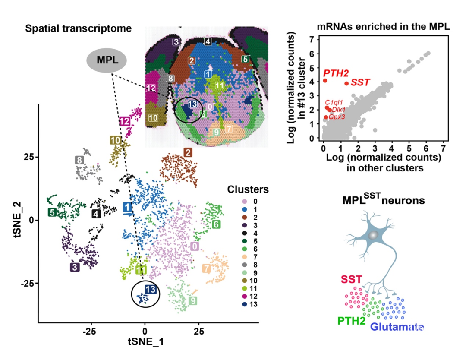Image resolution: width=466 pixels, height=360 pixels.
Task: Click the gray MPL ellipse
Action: pos(107,60)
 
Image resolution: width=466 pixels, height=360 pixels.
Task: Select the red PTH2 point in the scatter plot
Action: pos(325,80)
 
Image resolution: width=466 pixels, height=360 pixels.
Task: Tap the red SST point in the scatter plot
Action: pos(346,83)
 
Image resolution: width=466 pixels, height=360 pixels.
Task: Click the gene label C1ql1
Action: pos(334,102)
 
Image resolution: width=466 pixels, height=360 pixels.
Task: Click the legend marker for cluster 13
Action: pos(245,304)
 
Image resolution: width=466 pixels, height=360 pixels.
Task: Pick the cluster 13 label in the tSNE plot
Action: pos(150,290)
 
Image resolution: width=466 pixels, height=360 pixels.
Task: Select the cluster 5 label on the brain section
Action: pos(245,59)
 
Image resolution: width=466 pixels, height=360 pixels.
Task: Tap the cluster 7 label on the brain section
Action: pos(229,129)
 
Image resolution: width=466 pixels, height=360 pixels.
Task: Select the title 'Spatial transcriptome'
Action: pos(78,29)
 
